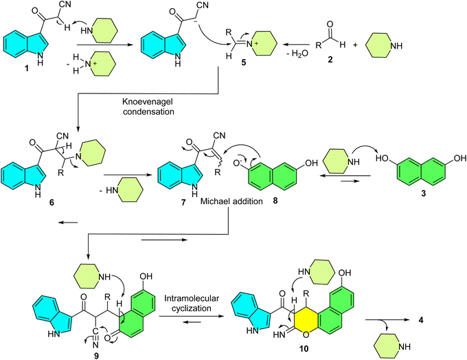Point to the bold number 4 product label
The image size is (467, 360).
click(421, 323)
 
